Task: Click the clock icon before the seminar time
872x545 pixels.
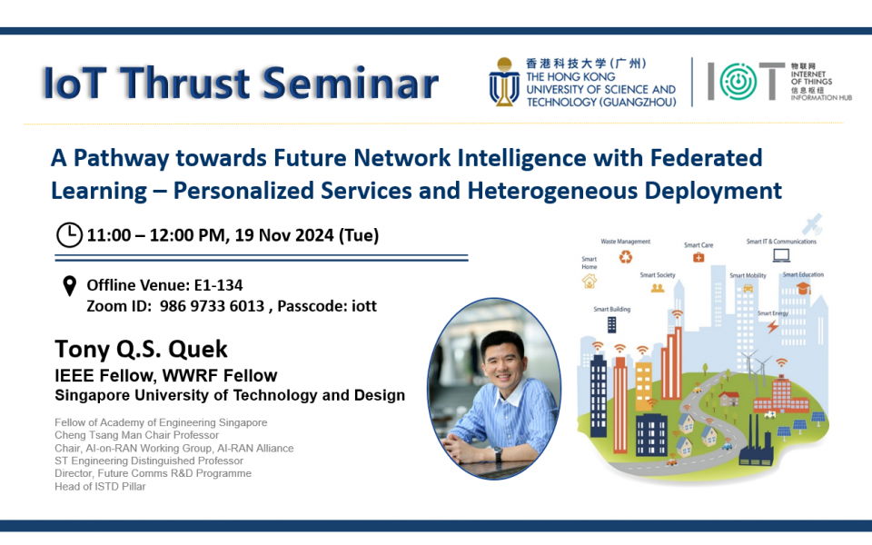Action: [69, 235]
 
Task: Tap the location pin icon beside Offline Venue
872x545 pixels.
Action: [69, 287]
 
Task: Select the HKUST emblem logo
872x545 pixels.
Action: [505, 82]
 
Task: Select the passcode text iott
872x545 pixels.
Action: [362, 306]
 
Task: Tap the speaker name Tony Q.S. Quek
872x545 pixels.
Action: [142, 349]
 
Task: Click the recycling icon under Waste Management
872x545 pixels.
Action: [626, 257]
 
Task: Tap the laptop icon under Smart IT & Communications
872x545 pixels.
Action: [780, 256]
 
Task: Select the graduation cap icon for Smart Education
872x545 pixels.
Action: [803, 289]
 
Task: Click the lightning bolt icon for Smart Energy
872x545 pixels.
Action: [772, 325]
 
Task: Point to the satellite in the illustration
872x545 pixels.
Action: [815, 223]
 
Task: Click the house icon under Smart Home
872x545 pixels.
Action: [590, 282]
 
